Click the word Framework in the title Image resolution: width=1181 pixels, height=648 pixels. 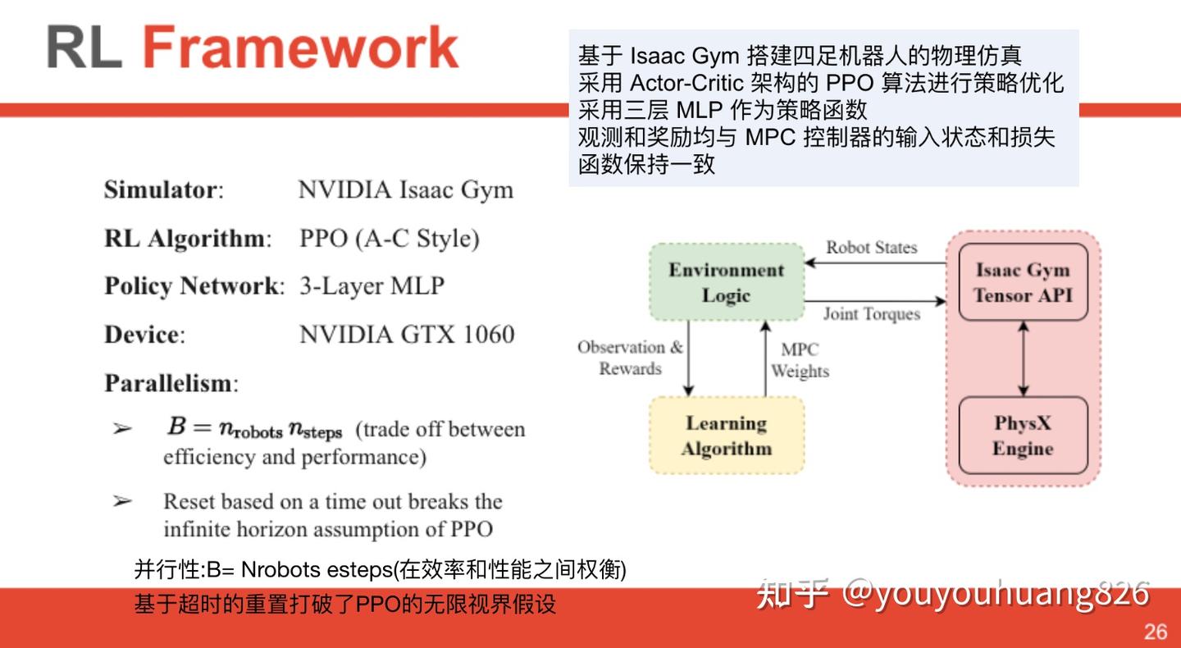coord(300,48)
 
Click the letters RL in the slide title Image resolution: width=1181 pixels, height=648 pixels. coord(84,48)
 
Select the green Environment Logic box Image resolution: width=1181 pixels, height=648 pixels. coord(726,282)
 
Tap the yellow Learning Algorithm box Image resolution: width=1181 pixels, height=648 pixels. coord(726,436)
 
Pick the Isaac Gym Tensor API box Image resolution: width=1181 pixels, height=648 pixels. coord(1023,282)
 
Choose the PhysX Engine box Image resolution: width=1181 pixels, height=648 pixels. coord(1023,436)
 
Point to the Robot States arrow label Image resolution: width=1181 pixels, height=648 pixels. coord(871,247)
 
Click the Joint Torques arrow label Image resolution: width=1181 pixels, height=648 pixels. coord(871,313)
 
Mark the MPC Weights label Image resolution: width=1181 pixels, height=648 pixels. coord(800,360)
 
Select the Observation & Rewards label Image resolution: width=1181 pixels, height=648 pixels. coord(630,358)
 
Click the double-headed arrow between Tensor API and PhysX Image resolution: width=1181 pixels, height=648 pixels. coord(1023,358)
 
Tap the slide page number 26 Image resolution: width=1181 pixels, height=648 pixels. coord(1156,632)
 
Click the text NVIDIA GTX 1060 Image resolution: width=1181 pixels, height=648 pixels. coord(407,335)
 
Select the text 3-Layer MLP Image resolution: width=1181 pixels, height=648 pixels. coord(372,286)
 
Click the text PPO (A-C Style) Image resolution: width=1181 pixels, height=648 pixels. coord(390,239)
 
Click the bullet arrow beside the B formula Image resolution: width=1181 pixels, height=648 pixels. coord(122,428)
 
